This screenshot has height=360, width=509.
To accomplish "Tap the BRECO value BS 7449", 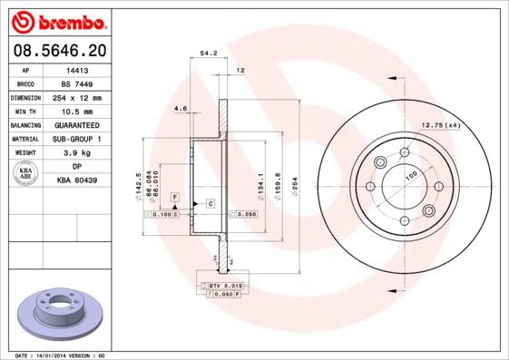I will (x=77, y=83).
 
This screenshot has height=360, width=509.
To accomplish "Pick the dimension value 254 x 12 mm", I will (x=77, y=97).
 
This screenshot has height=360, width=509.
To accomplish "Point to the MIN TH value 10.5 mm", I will (x=77, y=111).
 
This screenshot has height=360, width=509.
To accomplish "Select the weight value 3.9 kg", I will (x=77, y=153).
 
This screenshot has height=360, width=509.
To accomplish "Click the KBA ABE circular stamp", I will (x=26, y=174).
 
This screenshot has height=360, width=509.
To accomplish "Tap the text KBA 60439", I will (x=77, y=181).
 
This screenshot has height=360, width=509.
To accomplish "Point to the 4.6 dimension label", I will (x=180, y=110).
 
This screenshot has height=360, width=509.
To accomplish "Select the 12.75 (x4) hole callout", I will (x=441, y=124).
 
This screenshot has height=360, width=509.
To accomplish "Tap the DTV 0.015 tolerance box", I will (x=222, y=285).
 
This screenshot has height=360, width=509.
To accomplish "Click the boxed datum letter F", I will (x=174, y=197).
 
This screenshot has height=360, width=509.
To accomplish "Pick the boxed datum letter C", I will (x=210, y=203).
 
